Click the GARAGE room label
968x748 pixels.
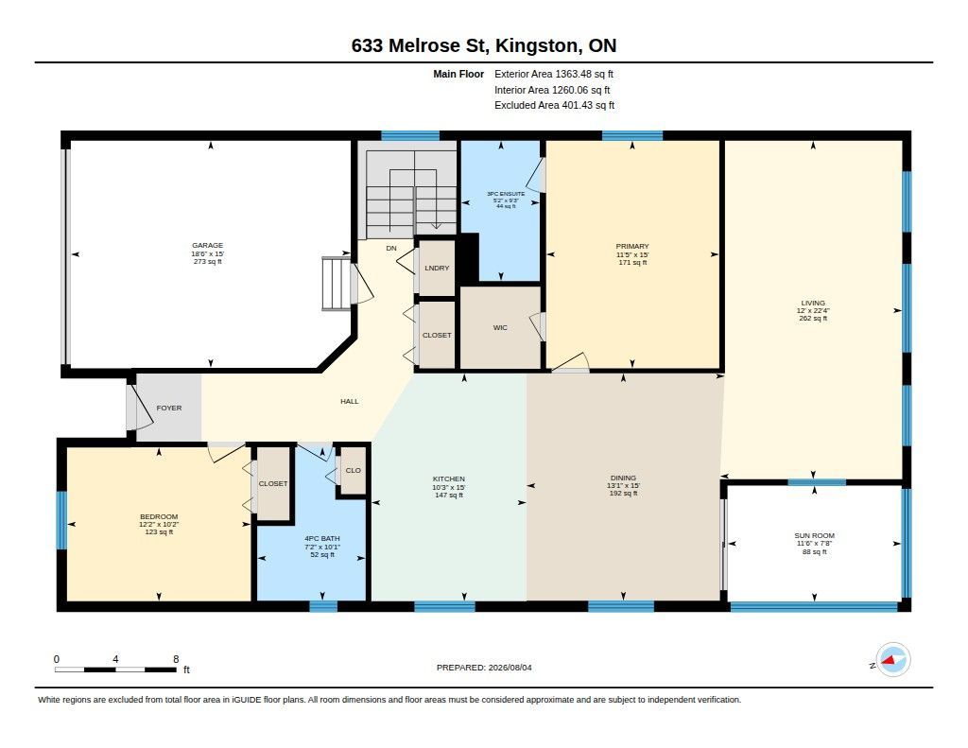click(x=207, y=245)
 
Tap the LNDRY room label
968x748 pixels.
click(x=437, y=268)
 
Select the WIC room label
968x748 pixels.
click(x=500, y=327)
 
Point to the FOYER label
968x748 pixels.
click(x=169, y=408)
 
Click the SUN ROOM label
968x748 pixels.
click(x=814, y=535)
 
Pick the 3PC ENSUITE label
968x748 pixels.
click(x=506, y=194)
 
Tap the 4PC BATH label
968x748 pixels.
click(x=322, y=539)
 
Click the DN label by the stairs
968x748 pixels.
click(x=391, y=249)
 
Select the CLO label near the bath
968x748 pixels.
click(x=354, y=470)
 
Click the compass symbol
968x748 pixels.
click(x=892, y=660)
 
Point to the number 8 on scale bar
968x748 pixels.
click(x=176, y=659)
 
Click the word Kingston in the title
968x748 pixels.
click(x=537, y=45)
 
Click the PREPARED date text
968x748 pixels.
click(x=484, y=668)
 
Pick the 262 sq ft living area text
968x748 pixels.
click(x=813, y=319)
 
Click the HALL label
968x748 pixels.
click(x=350, y=402)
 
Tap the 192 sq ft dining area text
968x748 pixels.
click(x=624, y=494)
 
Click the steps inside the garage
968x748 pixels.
click(x=337, y=284)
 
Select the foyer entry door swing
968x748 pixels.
click(x=141, y=407)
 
